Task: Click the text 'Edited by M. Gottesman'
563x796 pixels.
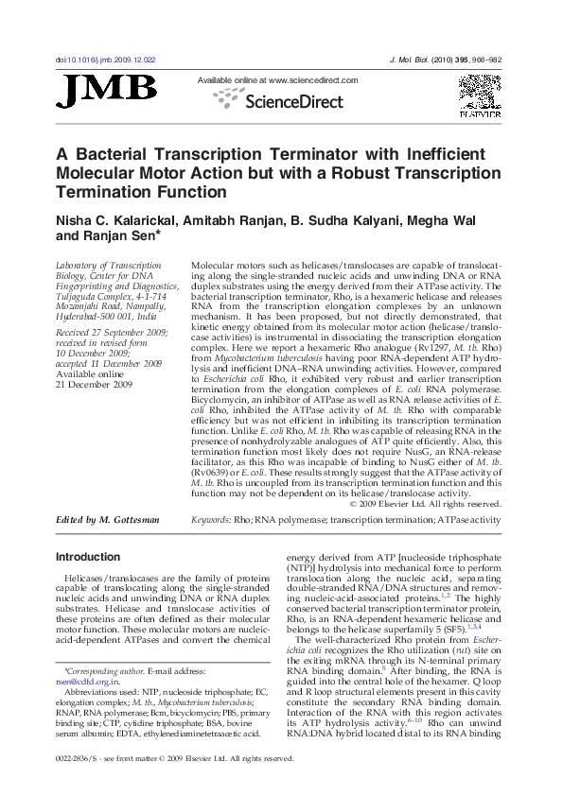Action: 108,520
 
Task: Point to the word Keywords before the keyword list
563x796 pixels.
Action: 212,520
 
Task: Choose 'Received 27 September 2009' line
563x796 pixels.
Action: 112,333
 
